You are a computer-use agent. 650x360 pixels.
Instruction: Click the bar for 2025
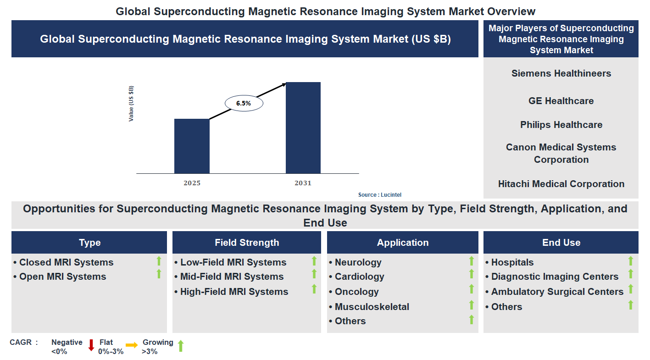pyautogui.click(x=192, y=146)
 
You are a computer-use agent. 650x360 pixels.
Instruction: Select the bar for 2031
pyautogui.click(x=303, y=127)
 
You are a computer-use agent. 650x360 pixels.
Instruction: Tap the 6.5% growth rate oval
pyautogui.click(x=244, y=104)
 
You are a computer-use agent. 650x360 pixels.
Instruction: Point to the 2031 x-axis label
pyautogui.click(x=303, y=183)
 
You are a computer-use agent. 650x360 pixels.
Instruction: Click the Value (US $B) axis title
pyautogui.click(x=131, y=104)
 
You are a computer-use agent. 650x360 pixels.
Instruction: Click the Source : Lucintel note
pyautogui.click(x=379, y=195)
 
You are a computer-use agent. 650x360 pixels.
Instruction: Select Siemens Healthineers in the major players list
pyautogui.click(x=561, y=73)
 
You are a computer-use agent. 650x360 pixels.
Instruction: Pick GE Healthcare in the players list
pyautogui.click(x=561, y=101)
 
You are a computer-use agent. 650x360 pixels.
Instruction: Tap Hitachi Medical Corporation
pyautogui.click(x=561, y=184)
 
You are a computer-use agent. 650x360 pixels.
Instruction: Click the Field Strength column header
pyautogui.click(x=247, y=243)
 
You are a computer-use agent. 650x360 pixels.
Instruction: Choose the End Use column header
pyautogui.click(x=561, y=243)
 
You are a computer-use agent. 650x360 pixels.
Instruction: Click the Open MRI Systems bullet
pyautogui.click(x=62, y=277)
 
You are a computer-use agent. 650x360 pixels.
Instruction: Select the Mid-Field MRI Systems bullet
pyautogui.click(x=232, y=277)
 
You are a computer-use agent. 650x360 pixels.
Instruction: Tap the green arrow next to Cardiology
pyautogui.click(x=471, y=274)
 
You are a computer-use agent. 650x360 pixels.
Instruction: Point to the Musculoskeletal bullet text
pyautogui.click(x=372, y=307)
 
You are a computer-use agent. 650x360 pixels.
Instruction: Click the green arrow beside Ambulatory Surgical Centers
pyautogui.click(x=631, y=289)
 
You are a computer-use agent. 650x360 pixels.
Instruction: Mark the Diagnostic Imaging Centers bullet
pyautogui.click(x=555, y=277)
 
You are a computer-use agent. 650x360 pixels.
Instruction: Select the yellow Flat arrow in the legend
pyautogui.click(x=132, y=345)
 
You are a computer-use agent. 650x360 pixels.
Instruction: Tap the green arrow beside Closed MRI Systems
pyautogui.click(x=159, y=261)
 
